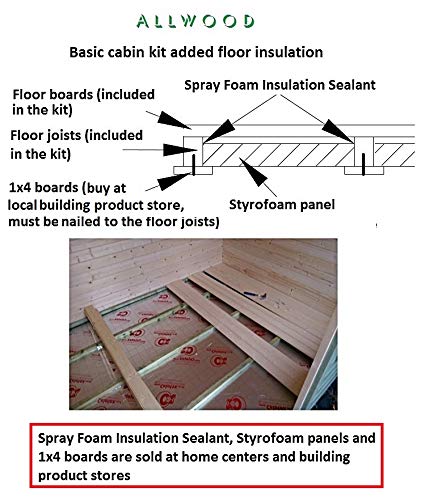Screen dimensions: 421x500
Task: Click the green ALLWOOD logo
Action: click(x=195, y=21)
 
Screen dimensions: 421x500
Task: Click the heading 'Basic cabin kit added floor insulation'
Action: click(x=196, y=52)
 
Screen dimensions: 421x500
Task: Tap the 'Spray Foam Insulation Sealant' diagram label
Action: click(x=280, y=85)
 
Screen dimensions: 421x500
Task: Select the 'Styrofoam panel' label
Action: click(x=282, y=204)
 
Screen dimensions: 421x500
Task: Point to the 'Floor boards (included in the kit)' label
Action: click(x=83, y=102)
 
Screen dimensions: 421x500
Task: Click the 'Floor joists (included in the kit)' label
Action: click(x=76, y=144)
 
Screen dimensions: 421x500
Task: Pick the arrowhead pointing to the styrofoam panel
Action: click(x=253, y=172)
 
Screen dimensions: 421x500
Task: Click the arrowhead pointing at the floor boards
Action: click(x=173, y=120)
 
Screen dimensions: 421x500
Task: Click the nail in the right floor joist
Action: click(x=363, y=164)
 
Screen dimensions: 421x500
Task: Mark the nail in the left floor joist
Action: click(x=193, y=164)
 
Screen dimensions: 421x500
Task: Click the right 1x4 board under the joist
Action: click(x=364, y=171)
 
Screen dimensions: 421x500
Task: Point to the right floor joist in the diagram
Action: click(x=364, y=152)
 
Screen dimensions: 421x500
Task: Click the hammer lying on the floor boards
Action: click(x=255, y=295)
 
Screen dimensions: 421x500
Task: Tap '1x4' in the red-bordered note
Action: click(x=49, y=457)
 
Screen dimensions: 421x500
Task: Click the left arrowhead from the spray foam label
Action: click(x=219, y=133)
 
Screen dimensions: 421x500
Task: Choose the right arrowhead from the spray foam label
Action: click(x=338, y=131)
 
